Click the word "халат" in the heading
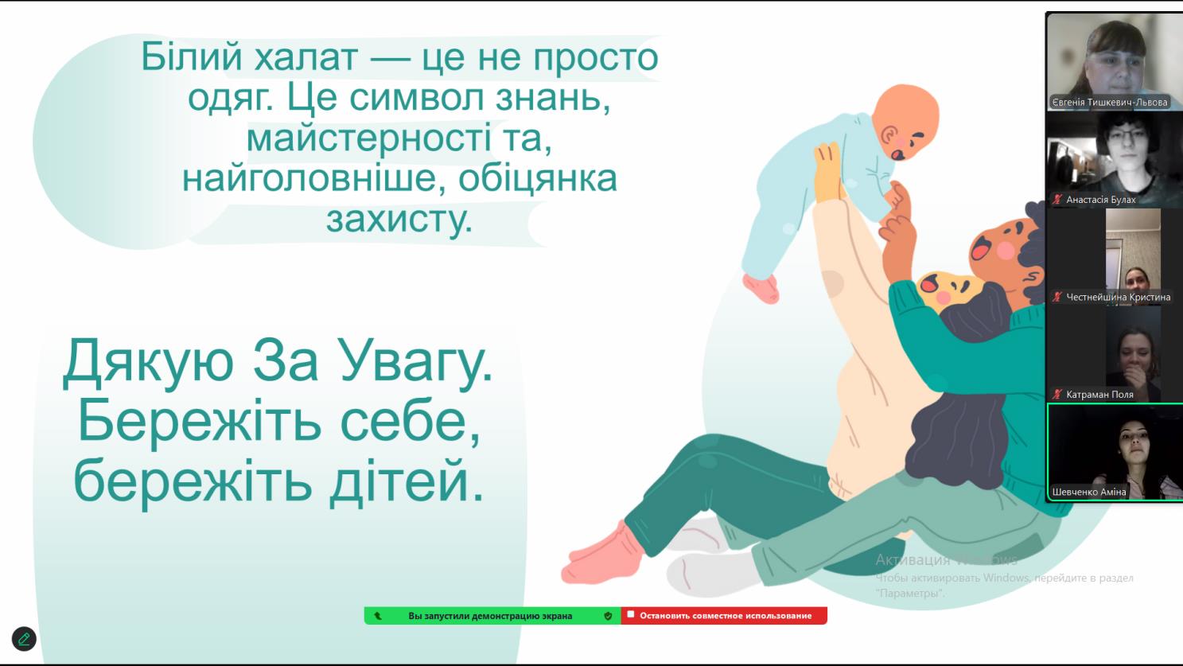305,56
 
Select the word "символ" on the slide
417,98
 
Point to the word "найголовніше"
309,178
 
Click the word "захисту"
399,219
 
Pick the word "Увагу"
415,360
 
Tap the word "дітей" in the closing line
406,481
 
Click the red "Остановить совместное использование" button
724,616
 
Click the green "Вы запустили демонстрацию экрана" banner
492,616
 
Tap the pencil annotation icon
24,639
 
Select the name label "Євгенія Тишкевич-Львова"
1110,103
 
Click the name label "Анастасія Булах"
1100,200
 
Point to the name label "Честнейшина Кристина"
1118,298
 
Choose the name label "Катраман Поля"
1099,395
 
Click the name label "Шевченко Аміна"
1089,493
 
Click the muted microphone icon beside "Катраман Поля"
1057,395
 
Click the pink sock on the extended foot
603,555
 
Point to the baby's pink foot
761,289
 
